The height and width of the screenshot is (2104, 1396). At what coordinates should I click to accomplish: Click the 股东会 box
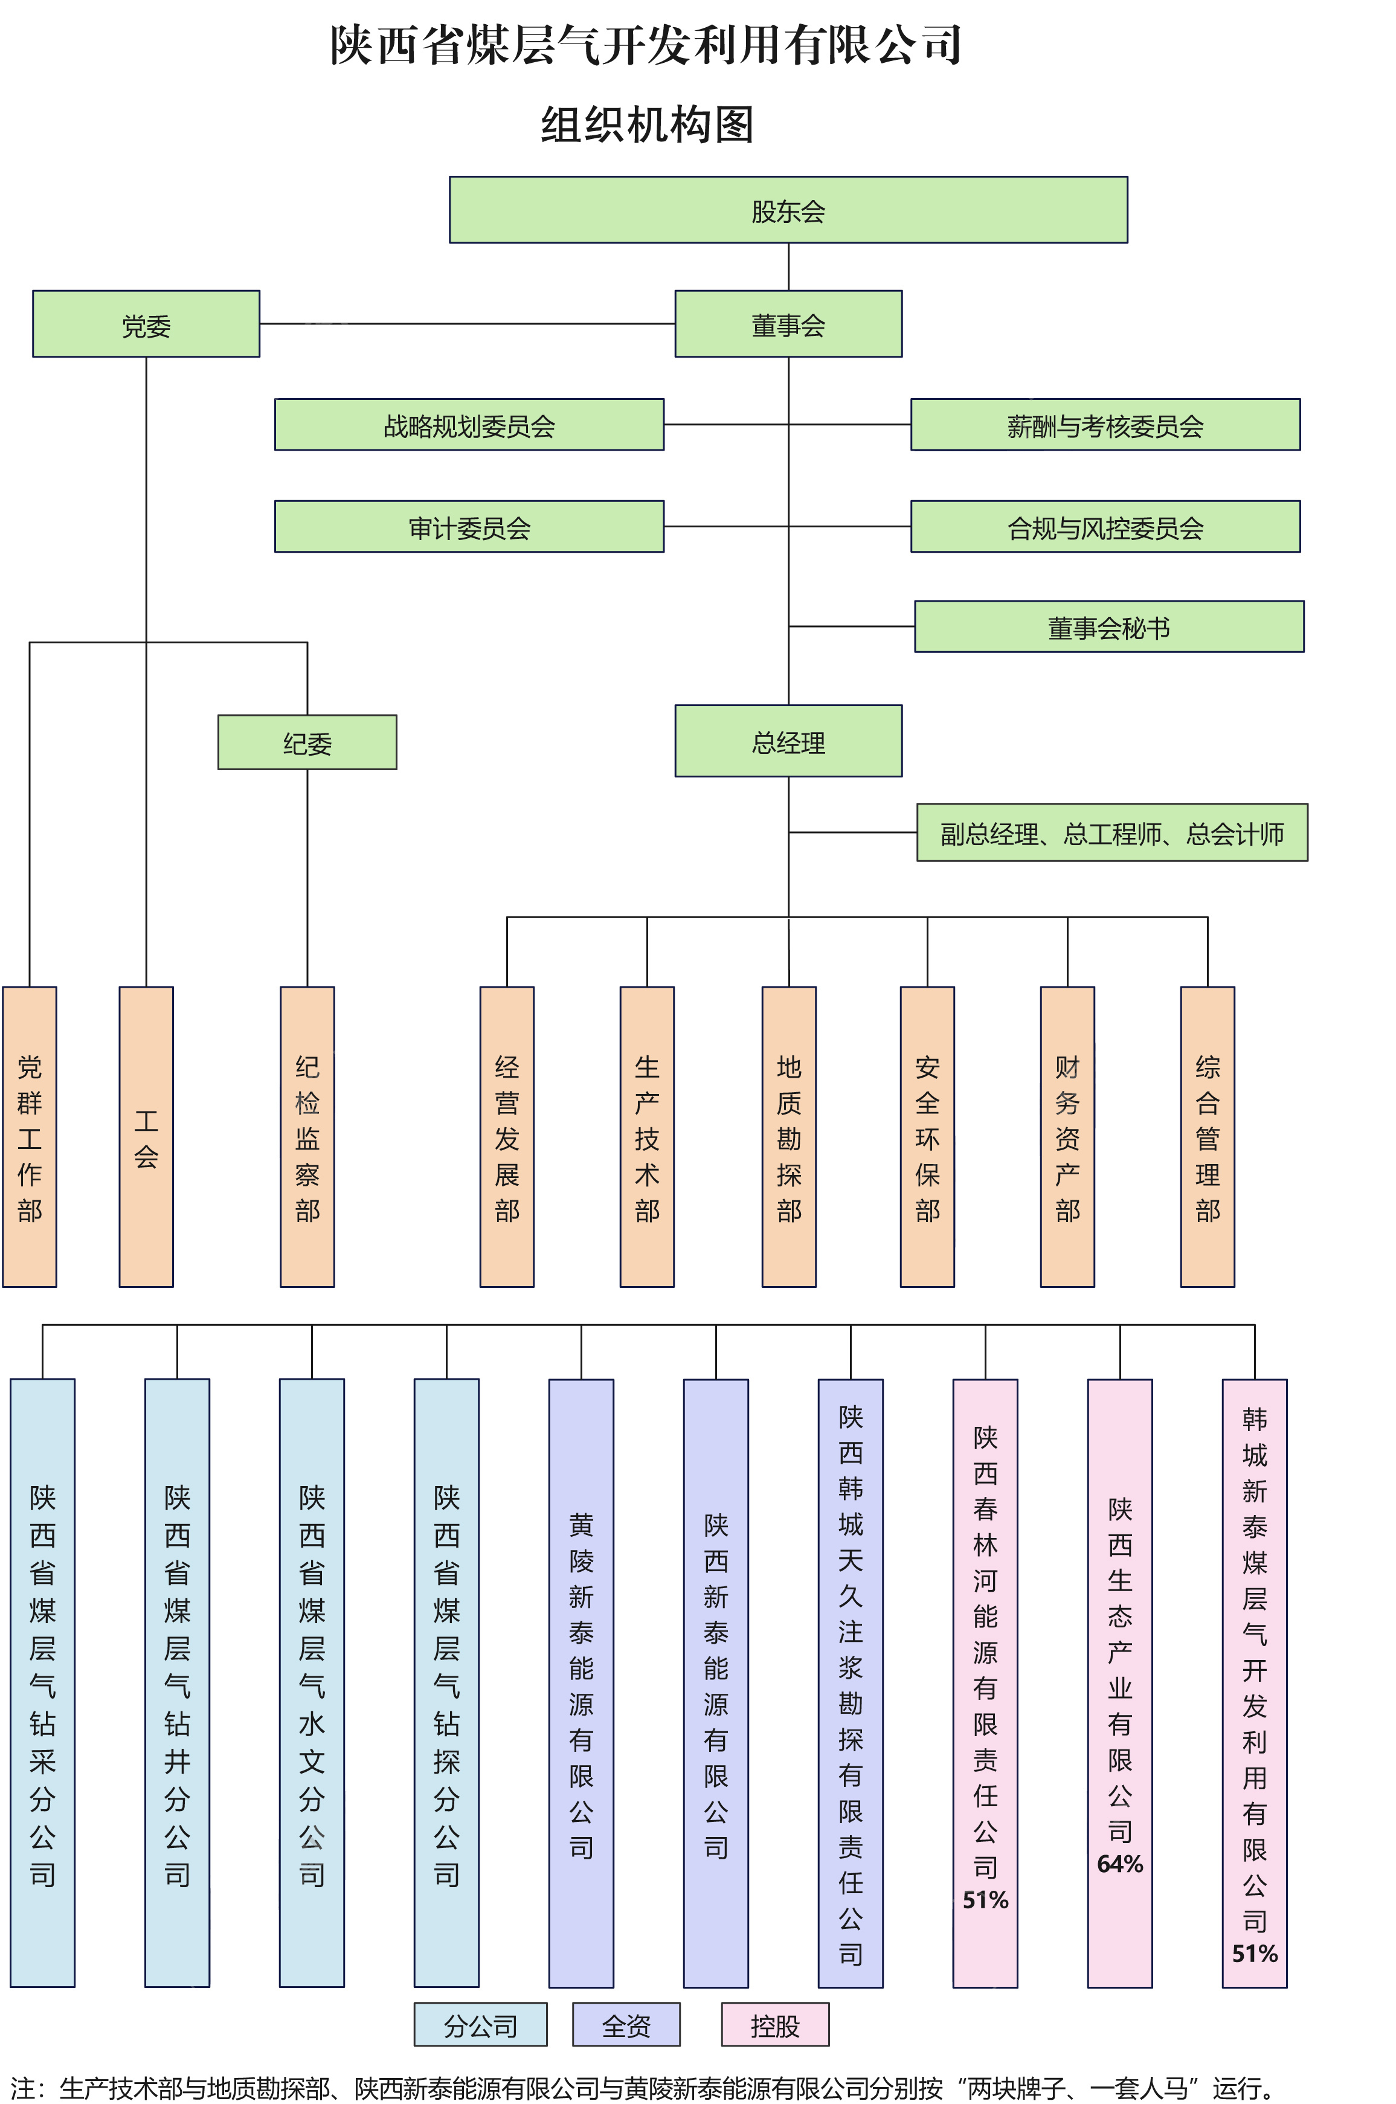[x=788, y=210]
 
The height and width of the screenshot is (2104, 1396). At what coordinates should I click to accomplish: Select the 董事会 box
[x=788, y=324]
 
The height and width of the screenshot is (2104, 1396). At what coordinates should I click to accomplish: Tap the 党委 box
[x=146, y=324]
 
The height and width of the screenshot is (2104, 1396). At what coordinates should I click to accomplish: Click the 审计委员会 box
[x=469, y=527]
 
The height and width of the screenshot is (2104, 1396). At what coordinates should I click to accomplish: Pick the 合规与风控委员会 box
[x=1105, y=527]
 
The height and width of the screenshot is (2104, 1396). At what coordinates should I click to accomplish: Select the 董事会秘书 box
[x=1108, y=628]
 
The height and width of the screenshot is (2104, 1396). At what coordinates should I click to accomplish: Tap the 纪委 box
[x=307, y=742]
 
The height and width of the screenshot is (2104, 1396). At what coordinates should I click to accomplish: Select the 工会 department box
[x=146, y=1136]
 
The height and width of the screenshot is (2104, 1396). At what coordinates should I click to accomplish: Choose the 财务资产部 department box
[x=1067, y=1136]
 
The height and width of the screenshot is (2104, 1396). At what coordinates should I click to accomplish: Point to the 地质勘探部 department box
[x=789, y=1136]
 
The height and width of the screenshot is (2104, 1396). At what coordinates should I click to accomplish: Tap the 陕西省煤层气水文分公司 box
[x=312, y=1683]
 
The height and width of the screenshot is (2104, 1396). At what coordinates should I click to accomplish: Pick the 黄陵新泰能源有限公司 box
[x=581, y=1683]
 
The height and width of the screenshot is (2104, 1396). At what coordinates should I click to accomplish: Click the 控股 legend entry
[x=774, y=2025]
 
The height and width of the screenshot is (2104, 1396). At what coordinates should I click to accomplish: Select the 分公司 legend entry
[x=481, y=2025]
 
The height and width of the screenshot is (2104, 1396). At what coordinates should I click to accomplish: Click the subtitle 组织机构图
[x=647, y=124]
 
